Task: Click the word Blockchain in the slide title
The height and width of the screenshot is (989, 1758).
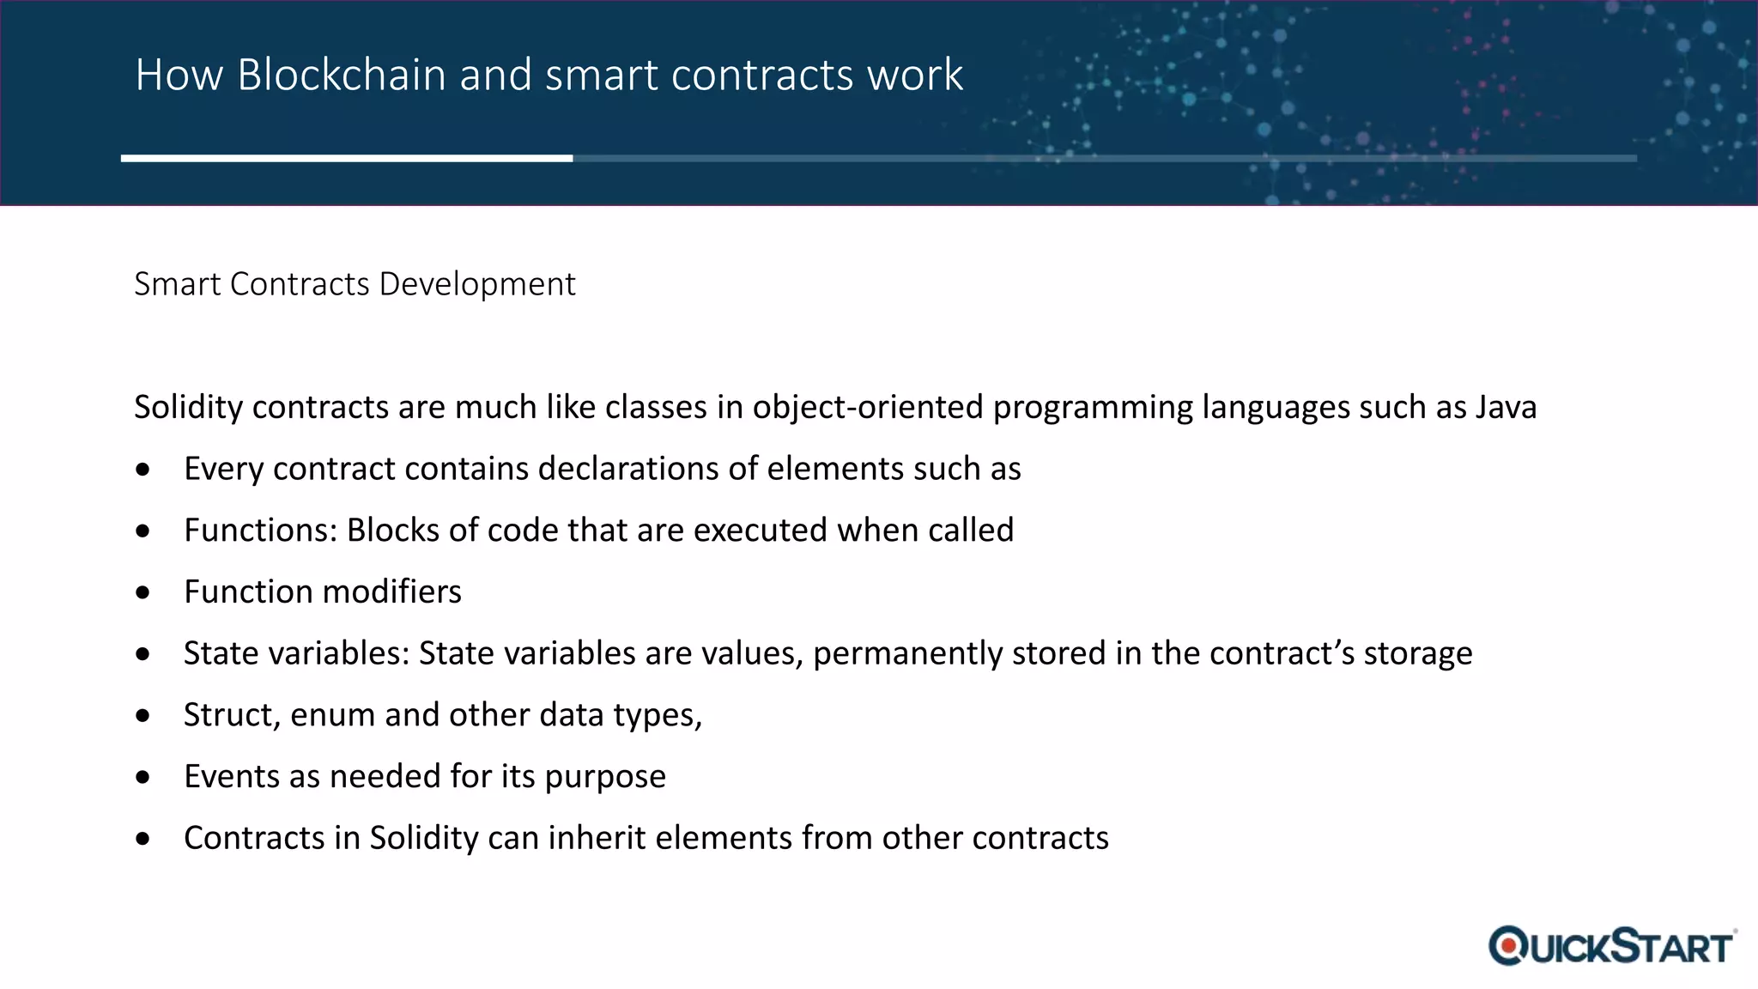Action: click(x=343, y=75)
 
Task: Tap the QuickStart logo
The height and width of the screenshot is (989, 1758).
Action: click(x=1612, y=946)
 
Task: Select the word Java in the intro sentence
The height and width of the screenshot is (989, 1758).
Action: click(x=1506, y=407)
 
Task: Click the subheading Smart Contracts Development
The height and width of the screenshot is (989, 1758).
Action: click(x=355, y=284)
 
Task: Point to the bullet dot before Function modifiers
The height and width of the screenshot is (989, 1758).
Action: click(x=143, y=592)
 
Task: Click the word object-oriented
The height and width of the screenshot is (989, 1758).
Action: click(x=867, y=407)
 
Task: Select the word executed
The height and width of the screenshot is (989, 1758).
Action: click(x=760, y=531)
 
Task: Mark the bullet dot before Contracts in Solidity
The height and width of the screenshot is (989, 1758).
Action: click(x=143, y=839)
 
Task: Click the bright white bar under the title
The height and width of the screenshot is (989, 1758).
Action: click(x=347, y=158)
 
